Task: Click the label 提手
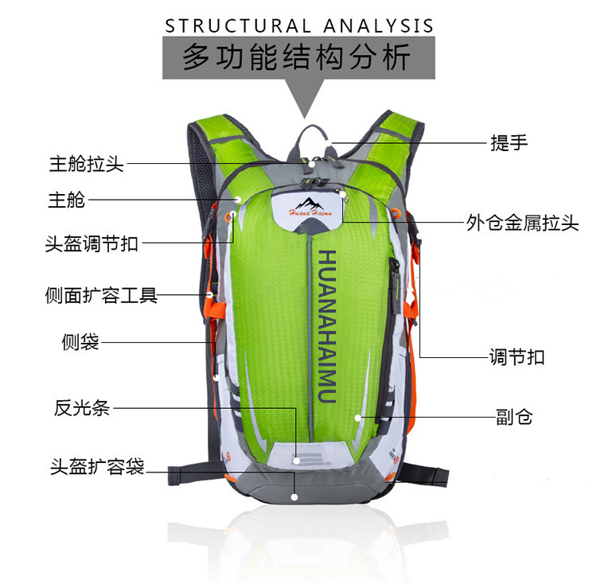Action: click(x=509, y=143)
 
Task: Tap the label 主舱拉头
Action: click(x=87, y=165)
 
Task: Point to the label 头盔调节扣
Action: click(x=92, y=243)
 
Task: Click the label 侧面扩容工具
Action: click(x=101, y=296)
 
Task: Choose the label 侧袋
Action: click(x=80, y=342)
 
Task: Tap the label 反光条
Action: click(x=81, y=409)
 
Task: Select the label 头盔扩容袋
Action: click(x=97, y=467)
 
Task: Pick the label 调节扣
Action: click(x=517, y=357)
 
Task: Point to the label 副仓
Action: click(x=514, y=416)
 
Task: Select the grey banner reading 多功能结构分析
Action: click(x=298, y=58)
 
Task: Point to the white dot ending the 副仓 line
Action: click(x=359, y=416)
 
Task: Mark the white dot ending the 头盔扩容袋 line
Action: click(x=295, y=496)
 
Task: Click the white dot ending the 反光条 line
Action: click(x=296, y=459)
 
